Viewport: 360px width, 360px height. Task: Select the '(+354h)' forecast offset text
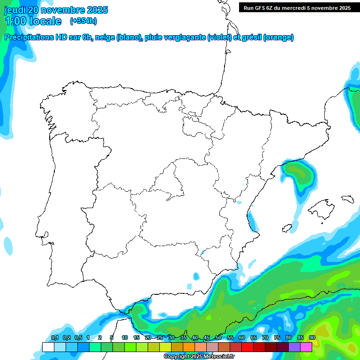[x=83, y=21]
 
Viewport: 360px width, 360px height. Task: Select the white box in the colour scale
[x=48, y=347]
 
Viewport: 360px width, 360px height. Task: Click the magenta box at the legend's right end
[x=306, y=347]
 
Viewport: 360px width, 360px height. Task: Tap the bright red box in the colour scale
[x=247, y=347]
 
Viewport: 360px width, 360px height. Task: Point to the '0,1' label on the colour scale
[x=55, y=337]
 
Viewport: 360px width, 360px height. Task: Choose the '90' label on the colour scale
[x=312, y=337]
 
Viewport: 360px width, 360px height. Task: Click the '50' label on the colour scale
[x=218, y=337]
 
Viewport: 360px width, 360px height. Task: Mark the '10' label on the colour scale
[x=124, y=337]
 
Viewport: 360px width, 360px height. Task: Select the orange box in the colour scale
[x=189, y=347]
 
